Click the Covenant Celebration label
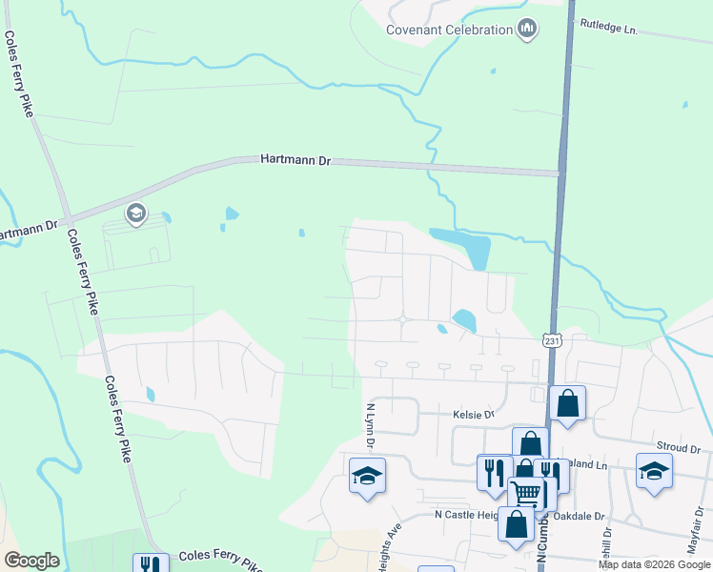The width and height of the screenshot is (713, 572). pos(449,30)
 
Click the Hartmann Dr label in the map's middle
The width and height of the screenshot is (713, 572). pos(295,161)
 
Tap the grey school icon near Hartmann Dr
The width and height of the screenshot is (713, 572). pos(135,214)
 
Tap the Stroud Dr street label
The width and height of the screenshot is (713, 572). pos(679,447)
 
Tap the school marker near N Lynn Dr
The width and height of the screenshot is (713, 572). pos(367,476)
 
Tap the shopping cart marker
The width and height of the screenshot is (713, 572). pos(525,492)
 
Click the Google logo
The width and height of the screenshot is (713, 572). pos(31,561)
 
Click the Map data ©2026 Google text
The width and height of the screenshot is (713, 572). pos(654,564)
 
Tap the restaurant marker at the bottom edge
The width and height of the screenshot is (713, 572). pos(151,564)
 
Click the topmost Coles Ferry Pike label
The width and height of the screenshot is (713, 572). pos(18,73)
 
